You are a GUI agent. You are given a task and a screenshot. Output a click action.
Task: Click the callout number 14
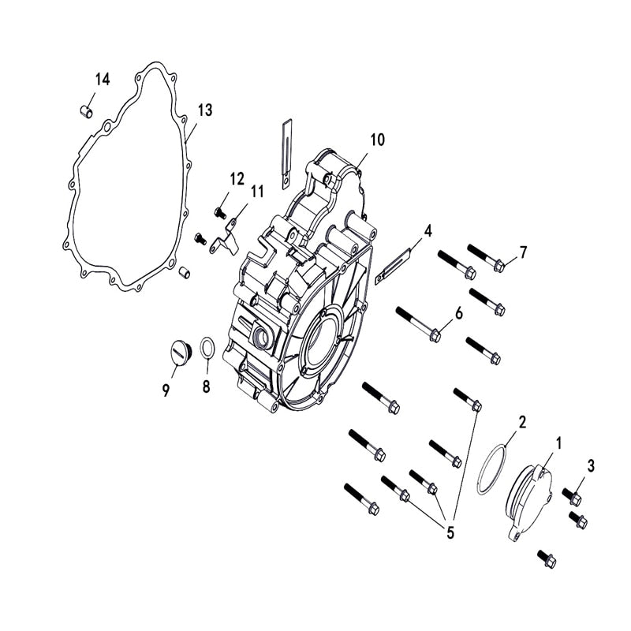pyautogui.click(x=103, y=79)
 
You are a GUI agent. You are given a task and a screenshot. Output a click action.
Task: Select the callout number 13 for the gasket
pyautogui.click(x=204, y=110)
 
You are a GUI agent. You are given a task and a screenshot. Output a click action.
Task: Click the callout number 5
pyautogui.click(x=450, y=532)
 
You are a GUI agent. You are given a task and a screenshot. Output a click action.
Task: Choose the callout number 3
pyautogui.click(x=592, y=465)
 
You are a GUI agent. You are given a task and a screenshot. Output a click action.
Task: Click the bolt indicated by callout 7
pyautogui.click(x=485, y=258)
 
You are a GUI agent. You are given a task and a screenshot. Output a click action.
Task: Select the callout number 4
pyautogui.click(x=428, y=231)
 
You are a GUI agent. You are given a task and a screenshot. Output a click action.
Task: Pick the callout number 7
pyautogui.click(x=522, y=252)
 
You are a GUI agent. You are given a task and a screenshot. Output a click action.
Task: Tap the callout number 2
pyautogui.click(x=521, y=423)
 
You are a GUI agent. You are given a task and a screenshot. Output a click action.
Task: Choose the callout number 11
pyautogui.click(x=257, y=192)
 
